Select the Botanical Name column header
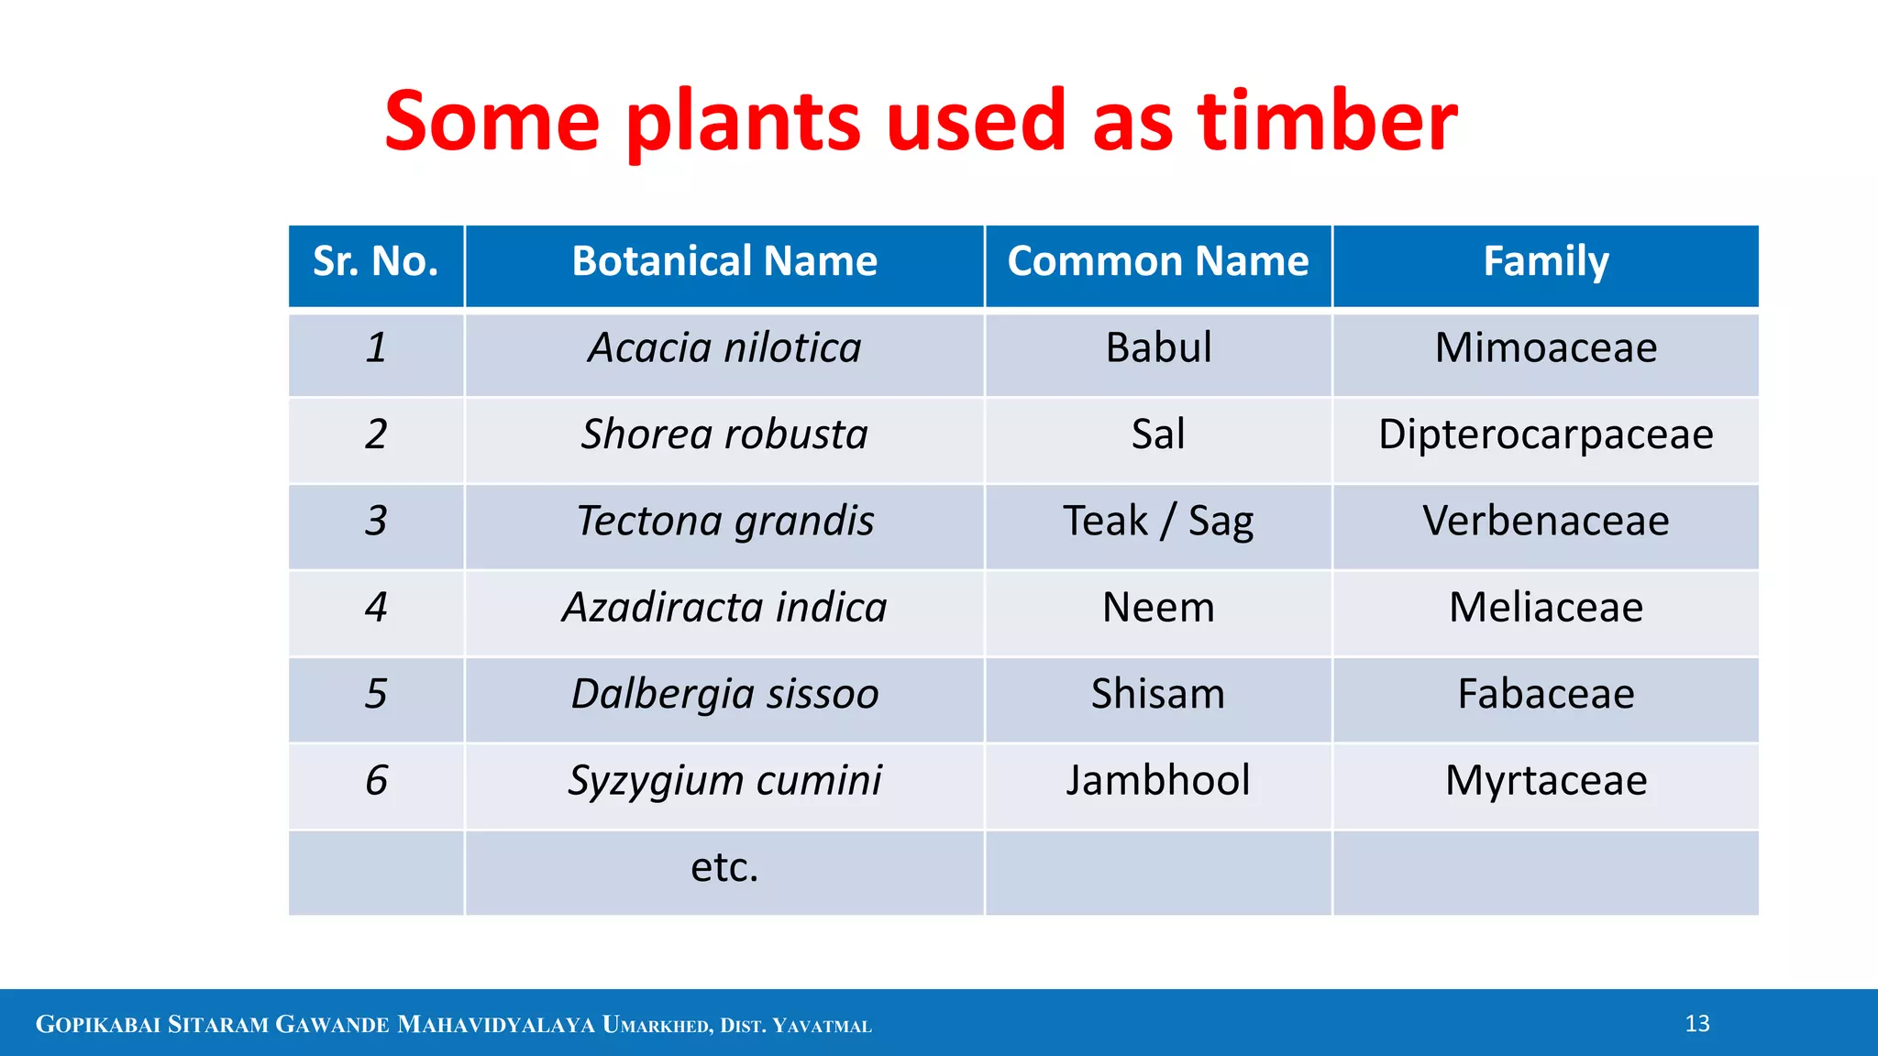[x=724, y=261]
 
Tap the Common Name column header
[x=1158, y=261]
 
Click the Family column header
[x=1546, y=261]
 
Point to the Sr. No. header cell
[x=376, y=261]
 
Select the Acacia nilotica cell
[x=724, y=348]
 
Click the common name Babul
[x=1158, y=348]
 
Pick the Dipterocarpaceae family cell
[x=1546, y=434]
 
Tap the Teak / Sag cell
[x=1158, y=521]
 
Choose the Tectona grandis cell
[x=724, y=521]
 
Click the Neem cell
[x=1158, y=608]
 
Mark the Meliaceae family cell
[x=1546, y=608]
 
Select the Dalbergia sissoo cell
[x=724, y=694]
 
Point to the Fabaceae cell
[x=1546, y=694]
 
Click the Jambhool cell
[x=1158, y=780]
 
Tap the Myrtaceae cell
[x=1546, y=780]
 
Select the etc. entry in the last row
[x=724, y=867]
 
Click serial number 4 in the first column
[x=376, y=608]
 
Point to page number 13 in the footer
[x=1697, y=1024]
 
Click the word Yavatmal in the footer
[x=822, y=1026]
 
